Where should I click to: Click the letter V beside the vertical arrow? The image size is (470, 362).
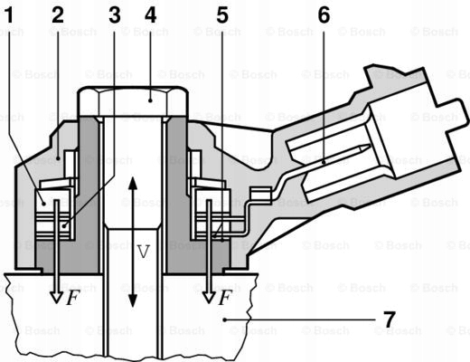[143, 252]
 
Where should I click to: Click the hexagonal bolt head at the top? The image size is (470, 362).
[133, 101]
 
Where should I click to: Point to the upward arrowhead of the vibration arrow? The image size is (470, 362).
[132, 182]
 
